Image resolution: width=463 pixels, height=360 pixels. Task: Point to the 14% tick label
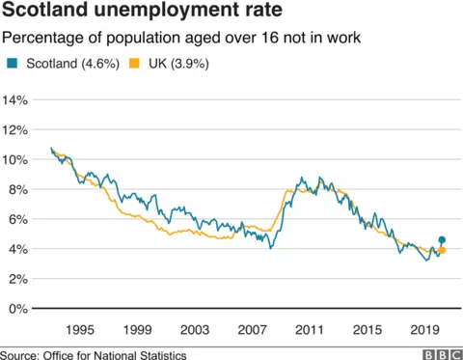click(x=18, y=100)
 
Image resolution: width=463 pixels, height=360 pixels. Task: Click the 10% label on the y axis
click(x=18, y=160)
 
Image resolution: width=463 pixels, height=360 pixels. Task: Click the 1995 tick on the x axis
click(x=80, y=329)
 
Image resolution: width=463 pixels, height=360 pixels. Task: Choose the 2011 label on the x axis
click(x=311, y=329)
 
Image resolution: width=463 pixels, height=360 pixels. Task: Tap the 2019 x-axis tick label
click(x=425, y=329)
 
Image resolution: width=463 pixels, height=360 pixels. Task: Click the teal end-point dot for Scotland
click(x=442, y=240)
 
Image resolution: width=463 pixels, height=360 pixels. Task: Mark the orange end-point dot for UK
click(x=442, y=251)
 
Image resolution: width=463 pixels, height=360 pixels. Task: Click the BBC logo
click(x=439, y=354)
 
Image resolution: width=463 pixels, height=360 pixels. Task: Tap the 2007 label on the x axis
click(x=253, y=329)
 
